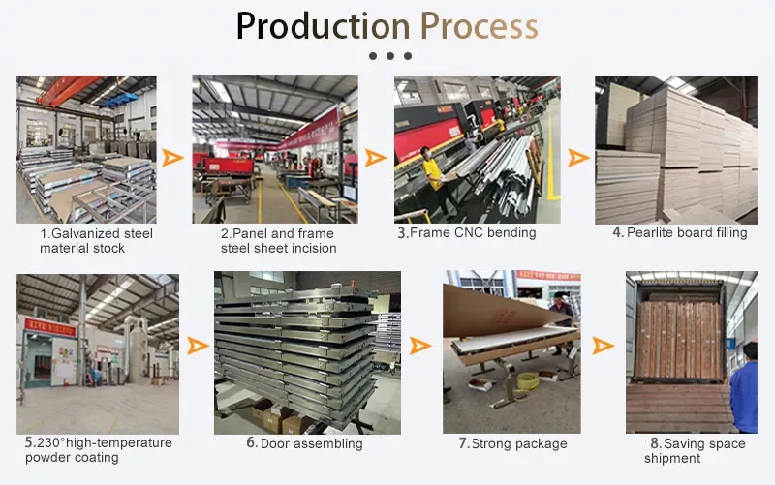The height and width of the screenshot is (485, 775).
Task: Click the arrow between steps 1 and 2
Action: tap(173, 158)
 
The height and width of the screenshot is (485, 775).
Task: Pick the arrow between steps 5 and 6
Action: tap(197, 346)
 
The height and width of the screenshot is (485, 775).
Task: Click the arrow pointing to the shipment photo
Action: tap(603, 346)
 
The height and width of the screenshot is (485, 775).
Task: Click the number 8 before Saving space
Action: tap(655, 444)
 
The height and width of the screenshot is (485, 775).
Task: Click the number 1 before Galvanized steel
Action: tap(44, 233)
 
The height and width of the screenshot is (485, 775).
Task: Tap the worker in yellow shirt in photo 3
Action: tap(433, 174)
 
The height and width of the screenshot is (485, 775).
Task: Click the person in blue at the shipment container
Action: tap(744, 387)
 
